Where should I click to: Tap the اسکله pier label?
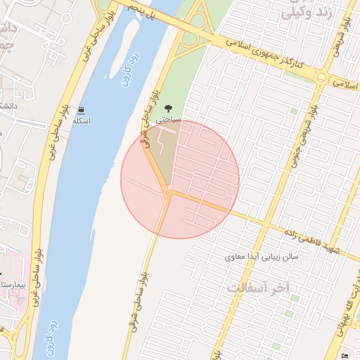pos(82,121)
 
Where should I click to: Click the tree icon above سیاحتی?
pos(167,109)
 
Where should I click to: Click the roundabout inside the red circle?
pos(167,193)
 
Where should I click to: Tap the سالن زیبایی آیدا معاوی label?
pos(262,257)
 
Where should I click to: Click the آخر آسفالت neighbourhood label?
pos(259,288)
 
